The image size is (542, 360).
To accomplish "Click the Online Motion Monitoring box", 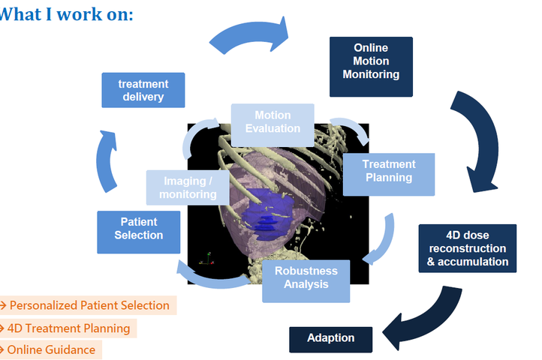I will click(x=371, y=67).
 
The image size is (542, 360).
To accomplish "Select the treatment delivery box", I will click(x=143, y=90).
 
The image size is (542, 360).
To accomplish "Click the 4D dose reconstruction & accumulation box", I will click(x=467, y=248).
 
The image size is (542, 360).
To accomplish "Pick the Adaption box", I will click(x=331, y=339).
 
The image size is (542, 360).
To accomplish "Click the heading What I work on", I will click(x=65, y=13).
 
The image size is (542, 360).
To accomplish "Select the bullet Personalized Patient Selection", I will click(x=89, y=305).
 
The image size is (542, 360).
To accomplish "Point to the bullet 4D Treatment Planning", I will click(x=68, y=328).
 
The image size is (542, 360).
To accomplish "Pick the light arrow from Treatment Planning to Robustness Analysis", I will click(x=384, y=239).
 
